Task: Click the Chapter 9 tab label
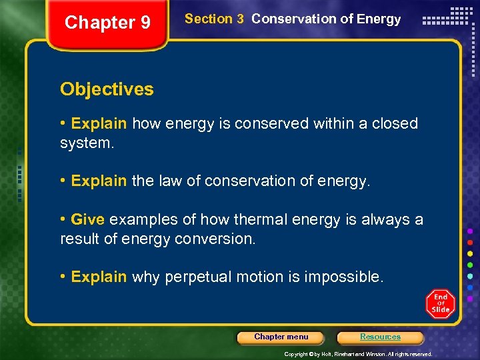(x=107, y=23)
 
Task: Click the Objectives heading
(x=107, y=89)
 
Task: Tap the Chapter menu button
(x=281, y=337)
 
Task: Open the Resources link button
(x=380, y=337)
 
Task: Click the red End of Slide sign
(x=440, y=305)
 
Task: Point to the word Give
(x=87, y=219)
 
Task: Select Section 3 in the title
(x=214, y=19)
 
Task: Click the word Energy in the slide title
(x=379, y=19)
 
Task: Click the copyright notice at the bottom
(x=358, y=354)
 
